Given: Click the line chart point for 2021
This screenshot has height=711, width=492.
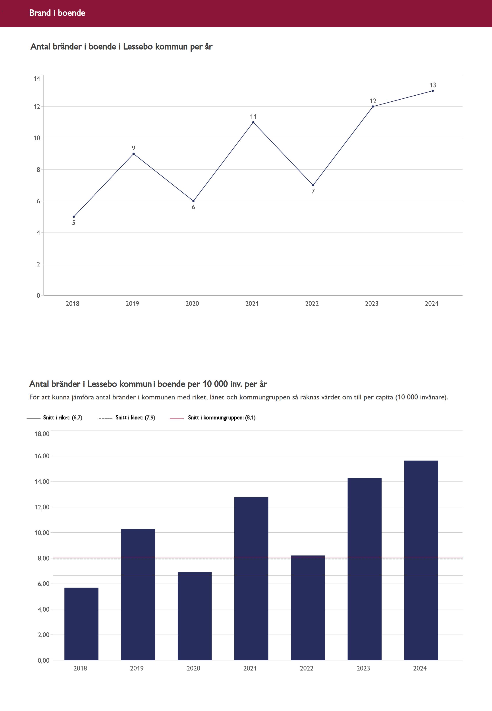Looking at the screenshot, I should coord(253,122).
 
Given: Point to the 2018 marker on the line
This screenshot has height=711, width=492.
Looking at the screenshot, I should coord(74,217).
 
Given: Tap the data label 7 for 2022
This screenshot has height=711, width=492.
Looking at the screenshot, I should coord(313,191).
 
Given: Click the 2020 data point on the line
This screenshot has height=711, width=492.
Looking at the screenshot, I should coord(193,201).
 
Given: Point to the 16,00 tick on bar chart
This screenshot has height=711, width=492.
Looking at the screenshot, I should coord(42,456).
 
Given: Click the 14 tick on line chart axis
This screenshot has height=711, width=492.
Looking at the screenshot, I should coord(37,79).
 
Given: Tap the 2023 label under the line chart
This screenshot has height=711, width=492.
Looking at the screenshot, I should coord(371,304).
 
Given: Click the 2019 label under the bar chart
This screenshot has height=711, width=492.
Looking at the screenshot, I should coord(137,668).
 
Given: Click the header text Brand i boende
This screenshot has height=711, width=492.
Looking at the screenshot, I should coord(57,13).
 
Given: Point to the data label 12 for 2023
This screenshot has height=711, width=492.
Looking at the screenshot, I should coord(373,101).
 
